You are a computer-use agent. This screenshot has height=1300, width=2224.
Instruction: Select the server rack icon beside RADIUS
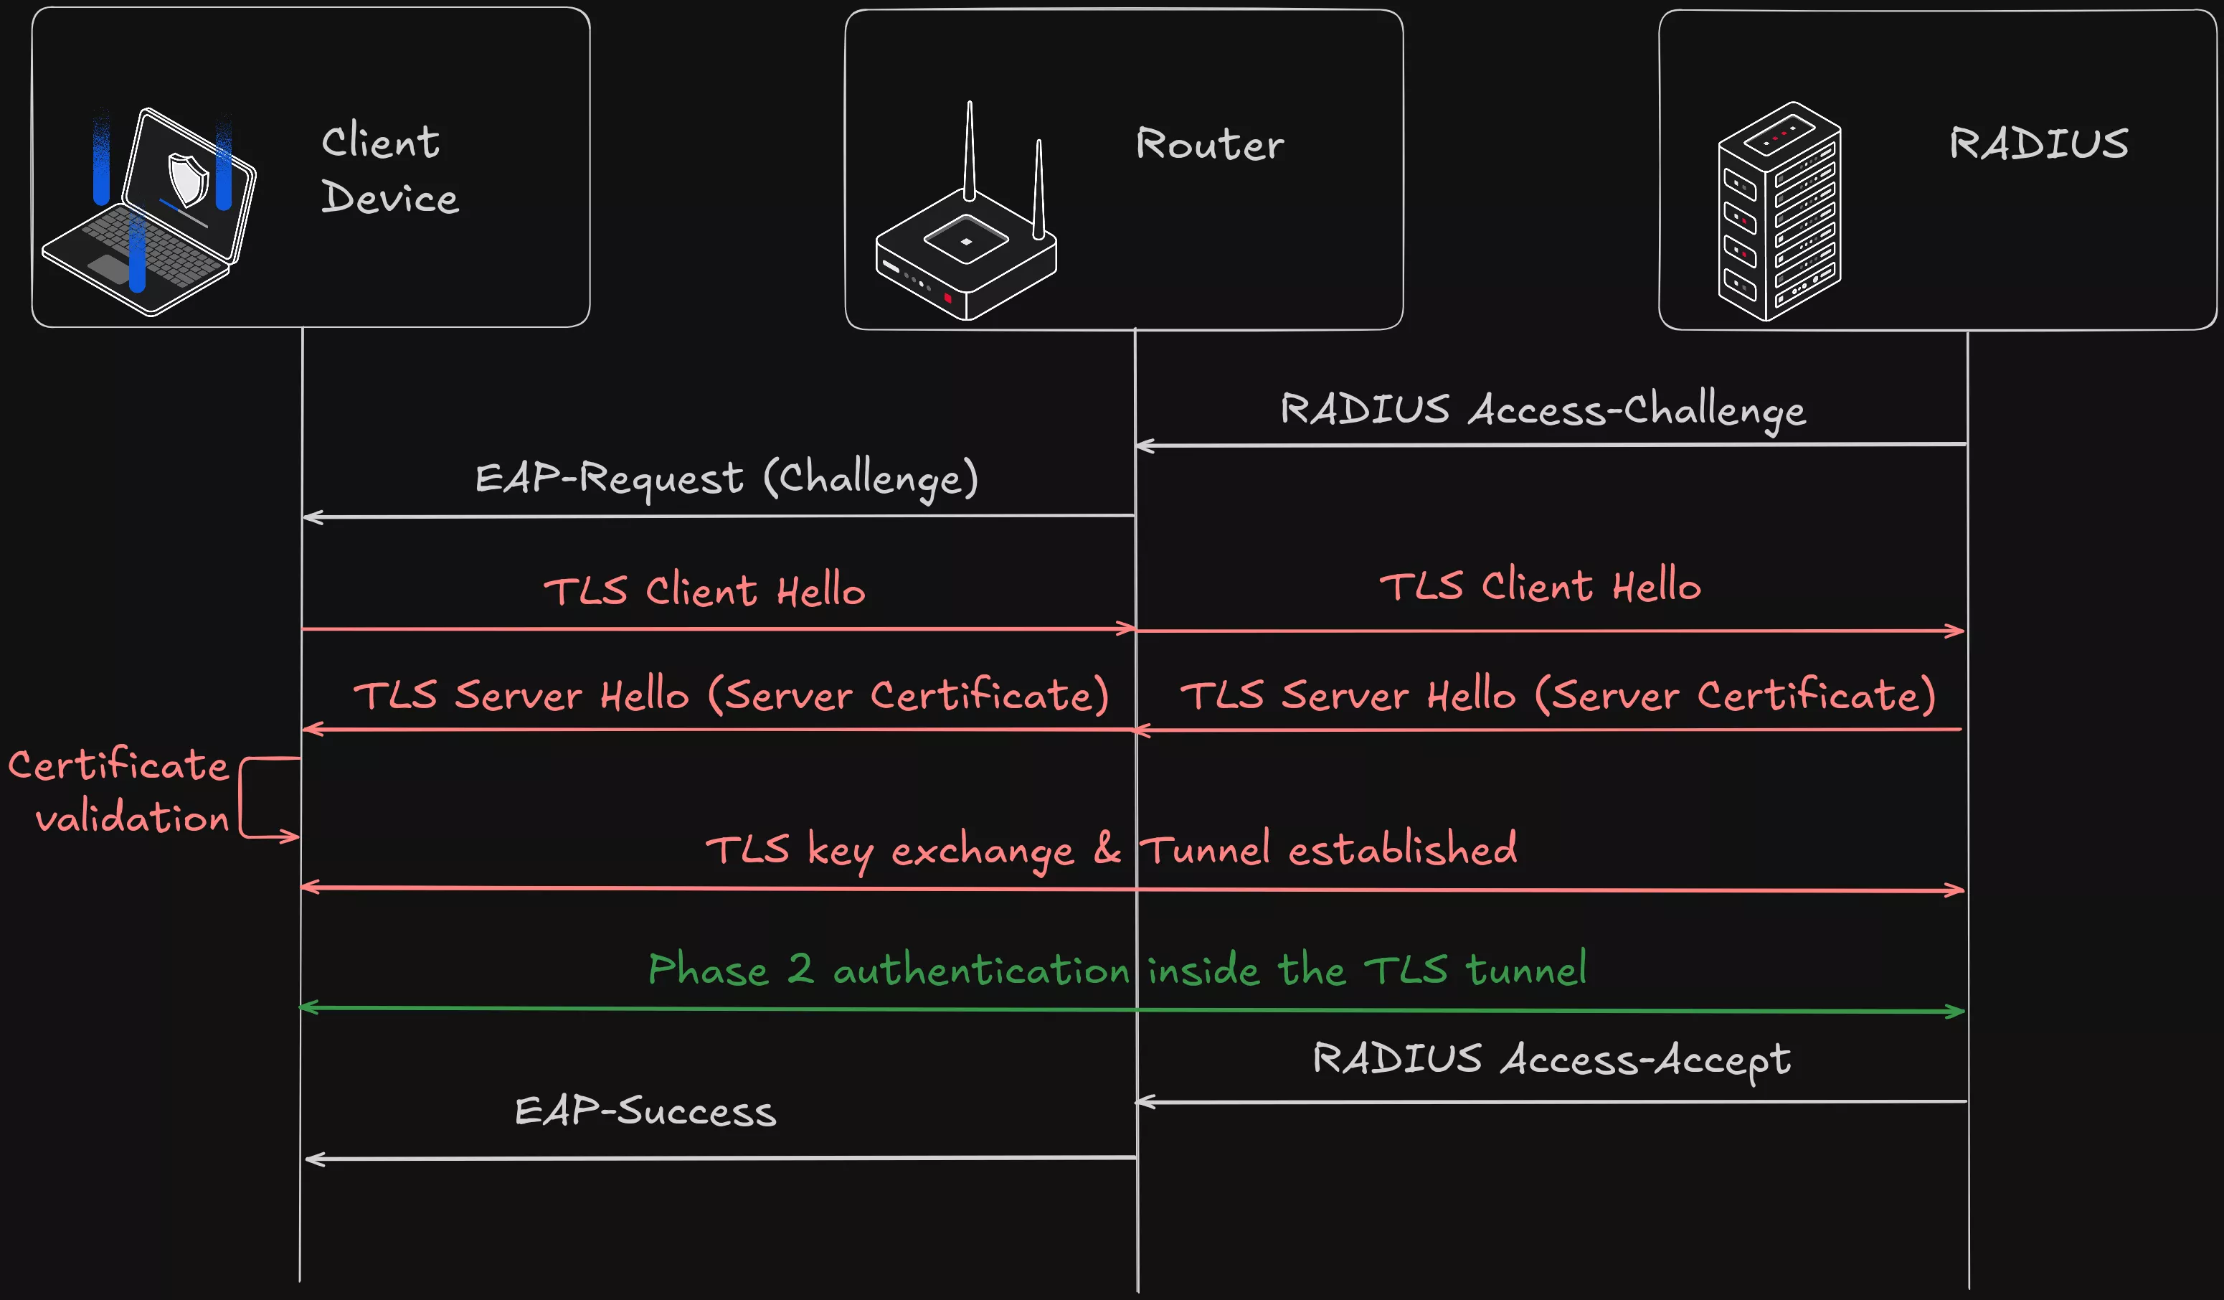1779,212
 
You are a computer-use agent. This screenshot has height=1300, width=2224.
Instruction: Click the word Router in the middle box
1209,144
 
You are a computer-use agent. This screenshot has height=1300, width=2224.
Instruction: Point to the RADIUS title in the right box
2039,143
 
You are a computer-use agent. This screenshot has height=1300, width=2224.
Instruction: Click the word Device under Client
389,197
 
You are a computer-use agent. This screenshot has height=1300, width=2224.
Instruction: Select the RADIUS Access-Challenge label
1543,410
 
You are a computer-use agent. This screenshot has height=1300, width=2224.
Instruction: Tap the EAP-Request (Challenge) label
727,479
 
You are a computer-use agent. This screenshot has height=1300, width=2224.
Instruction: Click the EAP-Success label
645,1111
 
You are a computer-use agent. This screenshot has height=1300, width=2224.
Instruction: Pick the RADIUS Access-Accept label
1551,1059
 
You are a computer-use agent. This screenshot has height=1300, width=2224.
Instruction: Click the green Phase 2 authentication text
1117,969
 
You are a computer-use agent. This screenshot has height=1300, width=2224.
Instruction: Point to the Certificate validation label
119,791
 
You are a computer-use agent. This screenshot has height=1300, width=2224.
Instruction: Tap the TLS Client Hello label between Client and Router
704,590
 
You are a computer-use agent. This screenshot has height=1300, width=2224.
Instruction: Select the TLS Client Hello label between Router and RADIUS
1540,586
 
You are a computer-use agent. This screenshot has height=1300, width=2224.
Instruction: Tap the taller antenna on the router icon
969,150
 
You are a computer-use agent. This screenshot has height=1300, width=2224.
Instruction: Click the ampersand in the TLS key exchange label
1107,849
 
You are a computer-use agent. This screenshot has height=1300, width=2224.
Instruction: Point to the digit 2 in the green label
800,969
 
